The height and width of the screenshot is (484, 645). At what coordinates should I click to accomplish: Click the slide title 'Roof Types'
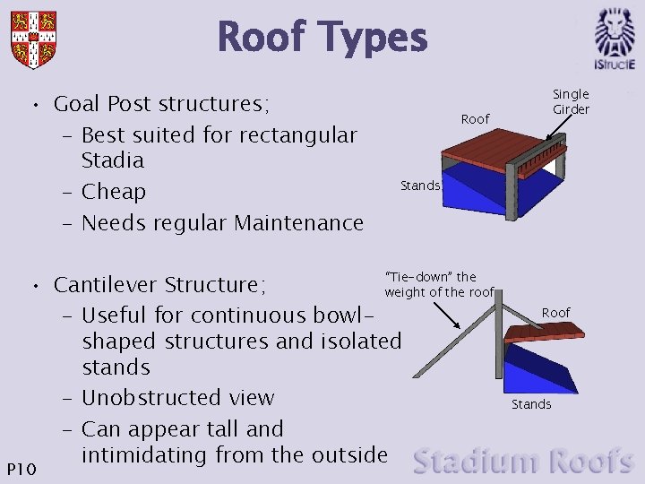click(322, 38)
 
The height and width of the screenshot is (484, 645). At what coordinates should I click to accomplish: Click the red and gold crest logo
click(33, 39)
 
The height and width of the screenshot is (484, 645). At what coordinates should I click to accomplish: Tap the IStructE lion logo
click(615, 39)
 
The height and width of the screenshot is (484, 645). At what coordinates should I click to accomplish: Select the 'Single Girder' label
click(571, 101)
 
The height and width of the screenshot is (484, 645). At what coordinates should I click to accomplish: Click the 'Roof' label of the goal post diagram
click(475, 119)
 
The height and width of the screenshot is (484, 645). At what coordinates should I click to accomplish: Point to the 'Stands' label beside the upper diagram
click(420, 186)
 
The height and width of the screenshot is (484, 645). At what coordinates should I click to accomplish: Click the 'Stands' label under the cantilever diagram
click(531, 404)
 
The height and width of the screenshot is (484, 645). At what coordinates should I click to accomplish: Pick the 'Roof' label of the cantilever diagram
click(555, 312)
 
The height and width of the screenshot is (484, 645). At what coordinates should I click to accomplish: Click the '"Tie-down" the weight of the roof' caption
click(439, 284)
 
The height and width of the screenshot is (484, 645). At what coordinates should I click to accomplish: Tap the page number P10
click(21, 468)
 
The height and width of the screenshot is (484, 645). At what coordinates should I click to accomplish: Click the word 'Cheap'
click(113, 192)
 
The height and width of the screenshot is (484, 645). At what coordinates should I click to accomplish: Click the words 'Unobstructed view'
click(177, 397)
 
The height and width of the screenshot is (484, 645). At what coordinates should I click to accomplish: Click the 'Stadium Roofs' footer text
click(523, 462)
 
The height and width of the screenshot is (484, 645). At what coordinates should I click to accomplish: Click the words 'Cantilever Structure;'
click(159, 285)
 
